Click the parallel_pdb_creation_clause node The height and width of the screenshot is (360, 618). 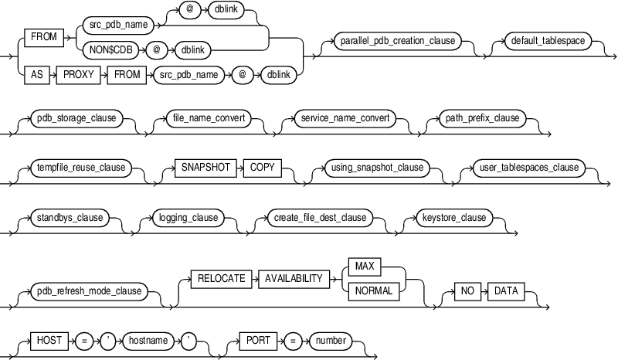click(396, 40)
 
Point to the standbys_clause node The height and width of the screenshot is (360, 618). click(70, 218)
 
